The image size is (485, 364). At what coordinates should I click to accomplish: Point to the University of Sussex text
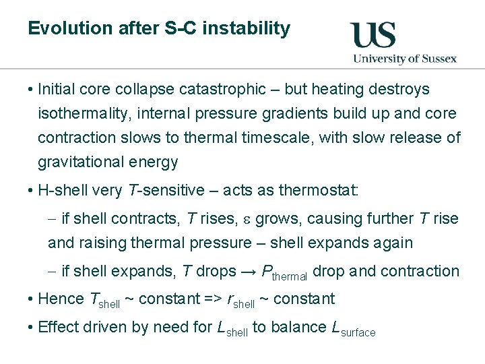(x=405, y=58)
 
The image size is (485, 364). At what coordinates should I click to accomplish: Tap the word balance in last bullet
(x=299, y=328)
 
